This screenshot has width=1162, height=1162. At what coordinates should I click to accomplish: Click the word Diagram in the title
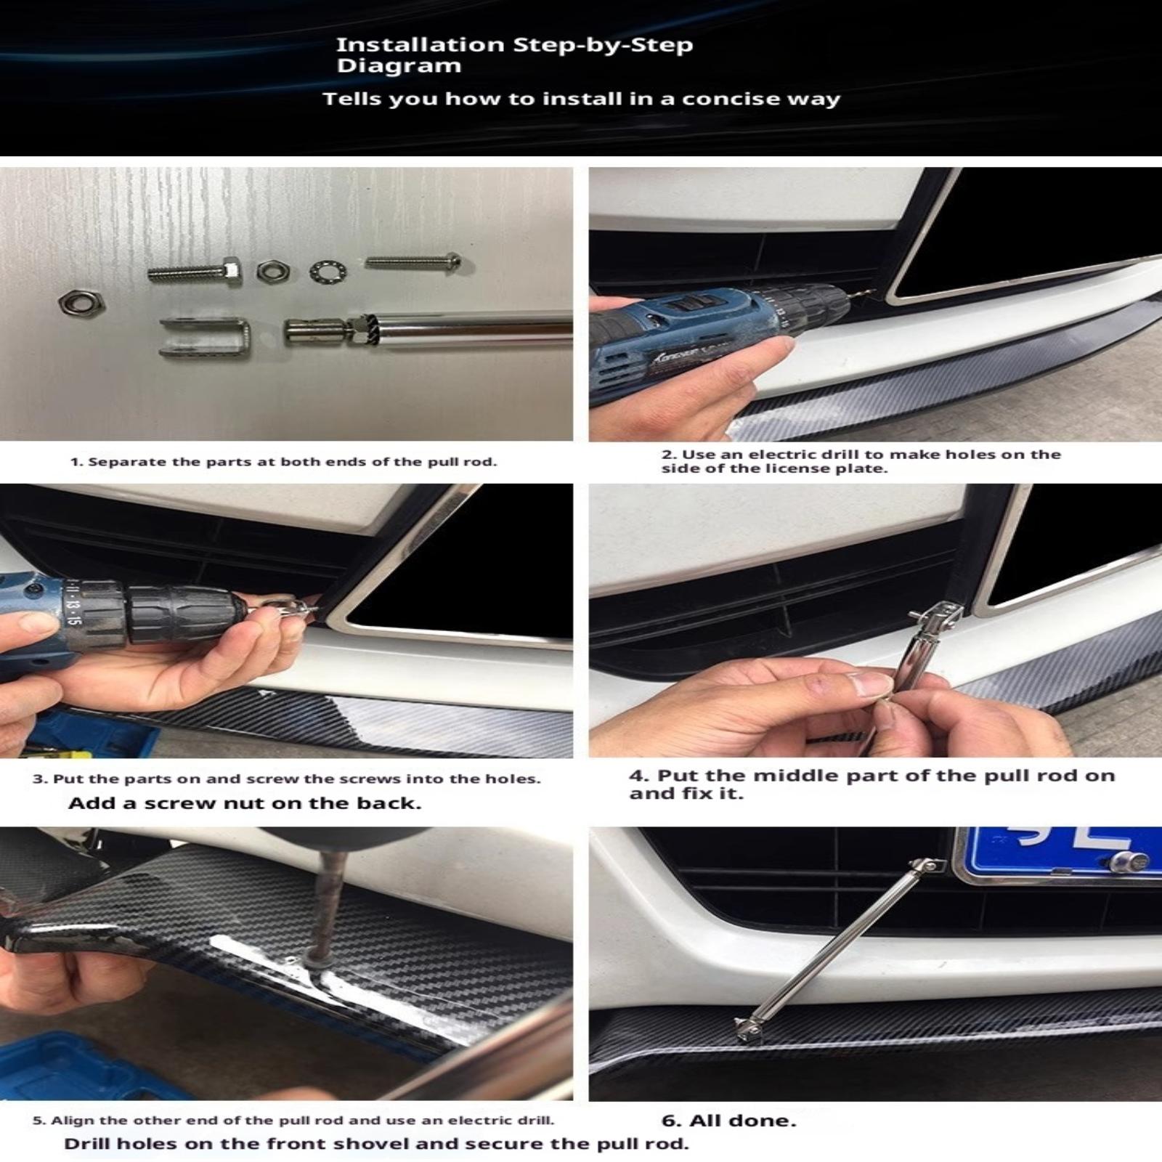pyautogui.click(x=399, y=66)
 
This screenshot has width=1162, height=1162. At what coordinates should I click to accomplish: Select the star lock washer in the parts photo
pyautogui.click(x=328, y=272)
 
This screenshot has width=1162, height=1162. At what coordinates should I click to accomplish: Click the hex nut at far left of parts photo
pyautogui.click(x=81, y=301)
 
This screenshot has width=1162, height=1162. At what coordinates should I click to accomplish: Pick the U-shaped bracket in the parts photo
pyautogui.click(x=206, y=338)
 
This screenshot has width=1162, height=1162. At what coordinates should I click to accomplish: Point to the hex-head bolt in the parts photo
pyautogui.click(x=195, y=273)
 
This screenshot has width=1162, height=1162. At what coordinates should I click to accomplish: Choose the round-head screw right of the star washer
pyautogui.click(x=413, y=261)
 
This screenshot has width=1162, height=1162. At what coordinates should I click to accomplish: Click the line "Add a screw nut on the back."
pyautogui.click(x=245, y=803)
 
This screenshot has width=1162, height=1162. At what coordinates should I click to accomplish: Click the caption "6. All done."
pyautogui.click(x=728, y=1121)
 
